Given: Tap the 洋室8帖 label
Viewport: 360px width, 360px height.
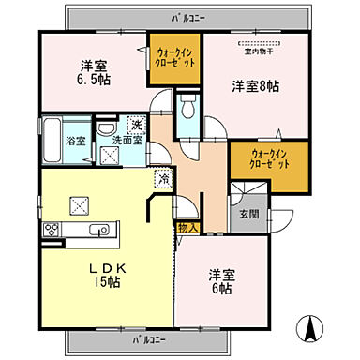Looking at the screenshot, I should click(256, 86).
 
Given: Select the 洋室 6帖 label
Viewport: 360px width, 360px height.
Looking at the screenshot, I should click(223, 282).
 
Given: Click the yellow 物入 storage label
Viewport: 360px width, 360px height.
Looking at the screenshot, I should click(187, 227).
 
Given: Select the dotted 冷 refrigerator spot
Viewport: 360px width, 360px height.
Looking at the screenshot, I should click(162, 179).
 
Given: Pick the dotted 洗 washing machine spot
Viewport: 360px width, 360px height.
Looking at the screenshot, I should click(136, 126).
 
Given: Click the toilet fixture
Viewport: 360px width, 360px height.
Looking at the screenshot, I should click(187, 108).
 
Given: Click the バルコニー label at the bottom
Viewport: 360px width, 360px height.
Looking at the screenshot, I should click(141, 338).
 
